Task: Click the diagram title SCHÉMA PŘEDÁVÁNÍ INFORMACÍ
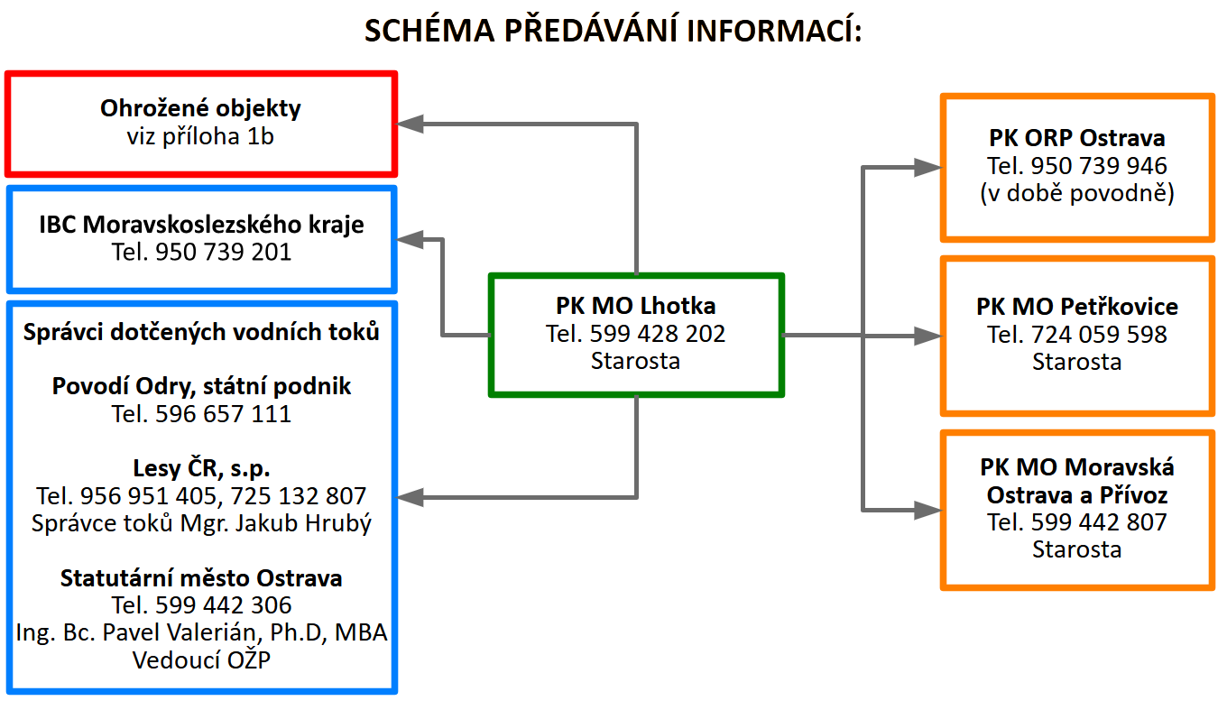point(613,30)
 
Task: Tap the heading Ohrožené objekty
point(200,109)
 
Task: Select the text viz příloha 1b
point(200,136)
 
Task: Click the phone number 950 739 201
point(223,252)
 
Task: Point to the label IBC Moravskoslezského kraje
point(201,225)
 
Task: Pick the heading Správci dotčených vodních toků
point(201,332)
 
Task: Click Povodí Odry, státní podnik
point(201,387)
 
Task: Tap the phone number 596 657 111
point(223,414)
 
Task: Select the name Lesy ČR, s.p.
point(201,468)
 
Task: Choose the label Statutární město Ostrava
point(201,577)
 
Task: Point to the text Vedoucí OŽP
point(201,659)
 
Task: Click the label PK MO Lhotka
point(635,306)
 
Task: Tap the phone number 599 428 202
point(658,334)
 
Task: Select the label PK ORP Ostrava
point(1076,139)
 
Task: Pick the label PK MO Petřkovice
point(1076,307)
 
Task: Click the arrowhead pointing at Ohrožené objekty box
point(411,123)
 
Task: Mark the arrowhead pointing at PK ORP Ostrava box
point(927,166)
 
